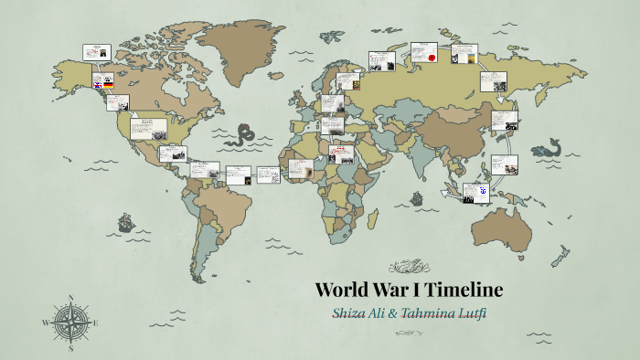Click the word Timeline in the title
point(464,291)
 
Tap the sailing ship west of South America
point(124,222)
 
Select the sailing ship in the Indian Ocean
point(417,196)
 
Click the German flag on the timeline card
point(109,84)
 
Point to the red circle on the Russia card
point(429,58)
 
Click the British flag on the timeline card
point(96,84)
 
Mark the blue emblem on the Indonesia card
point(482,192)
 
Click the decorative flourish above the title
point(408,268)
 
